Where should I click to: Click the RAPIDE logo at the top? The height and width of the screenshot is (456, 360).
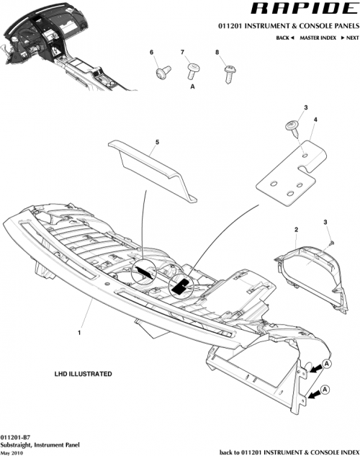point(302,9)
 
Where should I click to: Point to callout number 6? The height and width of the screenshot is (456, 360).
point(152,53)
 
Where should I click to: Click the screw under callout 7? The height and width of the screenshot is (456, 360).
point(193,71)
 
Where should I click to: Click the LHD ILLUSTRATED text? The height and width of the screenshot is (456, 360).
point(83,375)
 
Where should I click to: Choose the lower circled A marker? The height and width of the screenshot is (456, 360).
point(326,390)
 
